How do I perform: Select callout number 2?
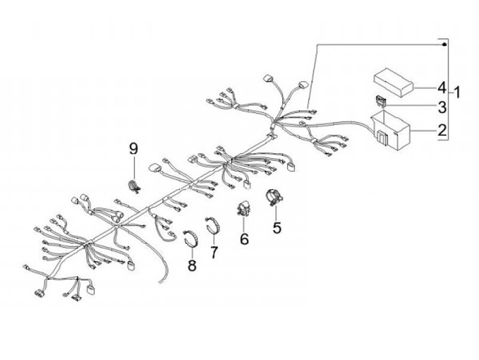(x=442, y=130)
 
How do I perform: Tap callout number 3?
(x=442, y=106)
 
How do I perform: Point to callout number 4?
(x=442, y=87)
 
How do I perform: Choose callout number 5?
(x=277, y=227)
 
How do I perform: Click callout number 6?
(x=244, y=238)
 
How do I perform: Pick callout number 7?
(x=214, y=252)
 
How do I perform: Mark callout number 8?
(x=192, y=266)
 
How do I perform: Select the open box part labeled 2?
(x=393, y=130)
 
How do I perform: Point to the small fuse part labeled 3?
(x=380, y=102)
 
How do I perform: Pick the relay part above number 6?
(x=244, y=208)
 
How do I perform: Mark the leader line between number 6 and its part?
(x=244, y=224)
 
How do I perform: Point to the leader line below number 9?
(x=133, y=166)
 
